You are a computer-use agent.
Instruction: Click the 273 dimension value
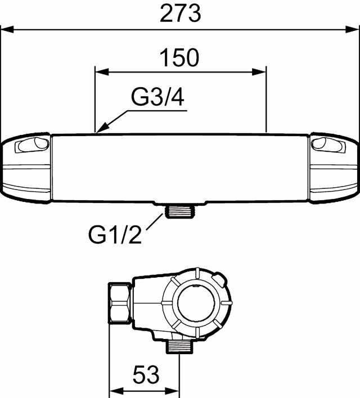(180, 14)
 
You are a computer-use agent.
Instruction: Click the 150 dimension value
(180, 57)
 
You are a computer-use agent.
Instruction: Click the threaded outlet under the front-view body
(180, 212)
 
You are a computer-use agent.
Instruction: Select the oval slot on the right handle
(328, 144)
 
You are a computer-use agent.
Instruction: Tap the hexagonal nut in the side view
(119, 304)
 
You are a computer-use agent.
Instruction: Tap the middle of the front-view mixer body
(180, 168)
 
